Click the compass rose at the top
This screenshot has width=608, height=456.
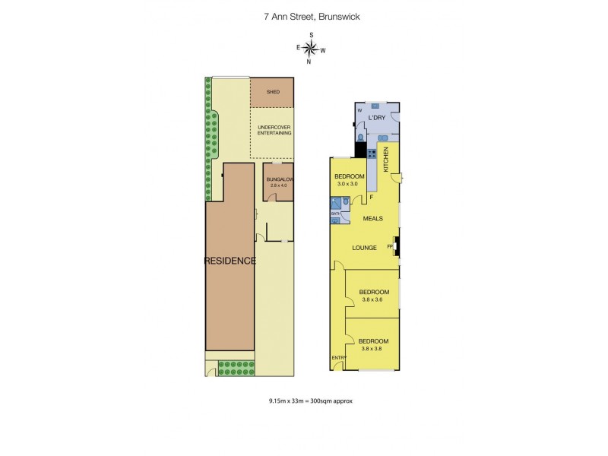[x=311, y=50]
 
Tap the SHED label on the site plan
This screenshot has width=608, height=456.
[x=273, y=92]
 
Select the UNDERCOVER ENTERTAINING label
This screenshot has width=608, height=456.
[x=274, y=130]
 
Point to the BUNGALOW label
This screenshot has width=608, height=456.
[x=279, y=179]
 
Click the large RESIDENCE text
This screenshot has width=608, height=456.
[x=230, y=261]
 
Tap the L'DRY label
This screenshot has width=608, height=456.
[x=377, y=118]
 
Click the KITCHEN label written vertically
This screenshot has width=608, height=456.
[x=386, y=159]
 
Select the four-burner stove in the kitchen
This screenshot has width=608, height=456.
[x=372, y=153]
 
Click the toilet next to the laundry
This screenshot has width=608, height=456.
[x=359, y=137]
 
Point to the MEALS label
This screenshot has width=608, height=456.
[x=371, y=219]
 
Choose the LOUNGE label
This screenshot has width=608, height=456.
[x=364, y=247]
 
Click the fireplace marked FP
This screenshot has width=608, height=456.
[x=395, y=247]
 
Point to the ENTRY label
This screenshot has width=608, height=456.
[x=338, y=357]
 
